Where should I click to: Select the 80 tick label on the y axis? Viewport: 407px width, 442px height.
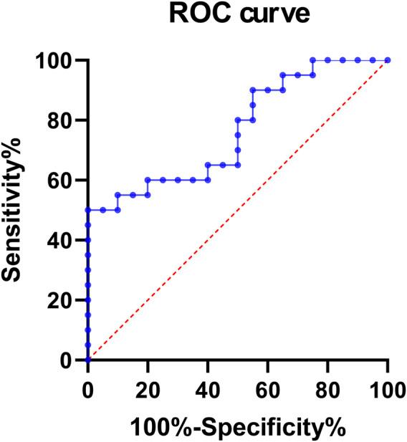pos(60,120)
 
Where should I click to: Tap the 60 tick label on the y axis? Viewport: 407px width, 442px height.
pos(60,180)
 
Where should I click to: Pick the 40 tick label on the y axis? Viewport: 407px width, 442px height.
pos(60,240)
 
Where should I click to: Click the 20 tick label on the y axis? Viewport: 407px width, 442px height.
pos(60,300)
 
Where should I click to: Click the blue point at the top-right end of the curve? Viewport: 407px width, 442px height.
pos(388,60)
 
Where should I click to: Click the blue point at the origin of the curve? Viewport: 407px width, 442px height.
pos(87,360)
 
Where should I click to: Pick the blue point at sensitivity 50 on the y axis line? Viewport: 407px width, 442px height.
pos(87,210)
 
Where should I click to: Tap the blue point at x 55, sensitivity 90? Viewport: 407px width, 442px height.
pos(252,90)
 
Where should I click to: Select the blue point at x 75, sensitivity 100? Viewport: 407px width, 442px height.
pos(312,60)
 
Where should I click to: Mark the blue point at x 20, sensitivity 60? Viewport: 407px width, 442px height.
pos(148,180)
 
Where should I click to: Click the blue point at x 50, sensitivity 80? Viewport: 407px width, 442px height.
pos(237,120)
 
